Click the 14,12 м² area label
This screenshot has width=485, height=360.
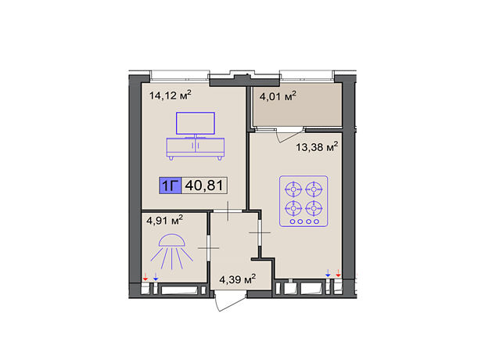(170, 95)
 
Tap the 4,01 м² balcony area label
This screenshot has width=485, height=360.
(278, 96)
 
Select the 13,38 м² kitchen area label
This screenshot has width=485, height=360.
(317, 146)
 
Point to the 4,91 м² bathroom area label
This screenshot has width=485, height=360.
(164, 221)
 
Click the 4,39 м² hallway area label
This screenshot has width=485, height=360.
(237, 279)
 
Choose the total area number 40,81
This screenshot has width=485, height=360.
(204, 185)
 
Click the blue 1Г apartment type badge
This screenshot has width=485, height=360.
(171, 185)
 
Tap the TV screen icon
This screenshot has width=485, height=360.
(196, 123)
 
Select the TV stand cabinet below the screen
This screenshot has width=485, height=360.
(196, 149)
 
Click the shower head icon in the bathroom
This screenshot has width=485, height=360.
(171, 251)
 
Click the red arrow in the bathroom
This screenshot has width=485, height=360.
(145, 277)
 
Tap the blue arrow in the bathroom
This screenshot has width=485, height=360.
(156, 277)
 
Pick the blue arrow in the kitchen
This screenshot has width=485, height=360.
(328, 273)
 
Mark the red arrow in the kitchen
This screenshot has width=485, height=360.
(338, 273)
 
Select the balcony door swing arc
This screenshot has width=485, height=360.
(290, 135)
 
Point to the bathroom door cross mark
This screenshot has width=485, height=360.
(209, 248)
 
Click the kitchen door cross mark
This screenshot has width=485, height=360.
(260, 232)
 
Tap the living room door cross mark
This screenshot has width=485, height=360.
(228, 211)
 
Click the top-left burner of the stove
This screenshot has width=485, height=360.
(293, 189)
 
